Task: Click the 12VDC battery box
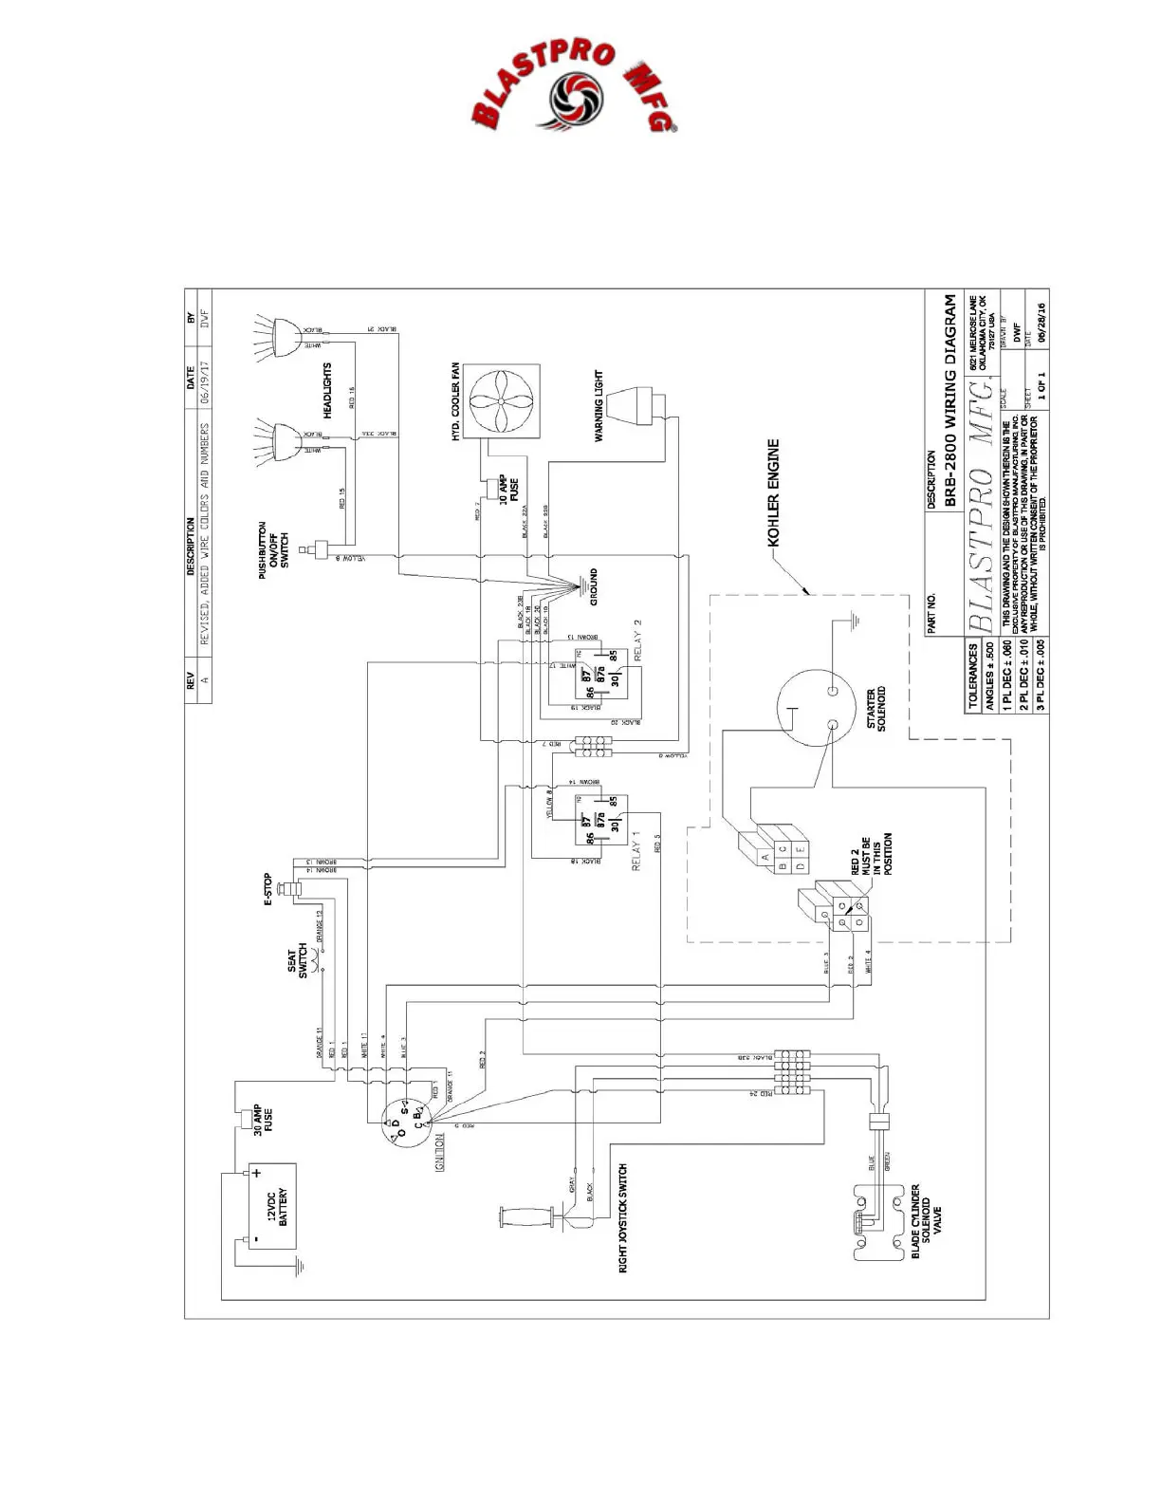pyautogui.click(x=272, y=1205)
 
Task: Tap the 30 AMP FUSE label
pyautogui.click(x=264, y=1121)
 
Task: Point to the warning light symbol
pyautogui.click(x=633, y=407)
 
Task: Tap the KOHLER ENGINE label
pyautogui.click(x=773, y=492)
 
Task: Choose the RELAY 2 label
pyautogui.click(x=637, y=640)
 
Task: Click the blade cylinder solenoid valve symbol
pyautogui.click(x=875, y=1223)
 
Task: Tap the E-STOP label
pyautogui.click(x=267, y=890)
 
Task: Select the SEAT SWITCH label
pyautogui.click(x=298, y=962)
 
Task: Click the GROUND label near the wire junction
pyautogui.click(x=594, y=587)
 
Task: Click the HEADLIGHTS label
pyautogui.click(x=327, y=389)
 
